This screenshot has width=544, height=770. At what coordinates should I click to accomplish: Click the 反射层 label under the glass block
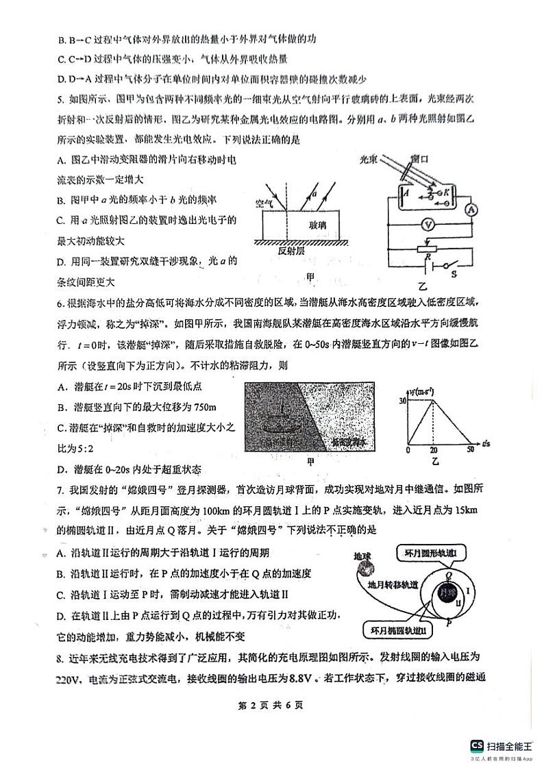click(x=291, y=251)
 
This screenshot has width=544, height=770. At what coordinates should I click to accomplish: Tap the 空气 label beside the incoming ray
click(x=264, y=203)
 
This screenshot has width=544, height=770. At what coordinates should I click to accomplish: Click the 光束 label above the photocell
click(x=371, y=159)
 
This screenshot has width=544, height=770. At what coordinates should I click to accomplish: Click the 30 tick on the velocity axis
click(x=402, y=401)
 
